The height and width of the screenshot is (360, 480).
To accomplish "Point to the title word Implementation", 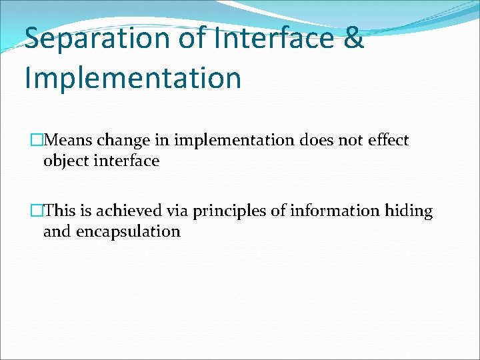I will [x=133, y=77].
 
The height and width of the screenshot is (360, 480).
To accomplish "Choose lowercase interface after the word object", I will [x=126, y=161].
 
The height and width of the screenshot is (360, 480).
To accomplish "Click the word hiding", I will [x=409, y=212].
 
